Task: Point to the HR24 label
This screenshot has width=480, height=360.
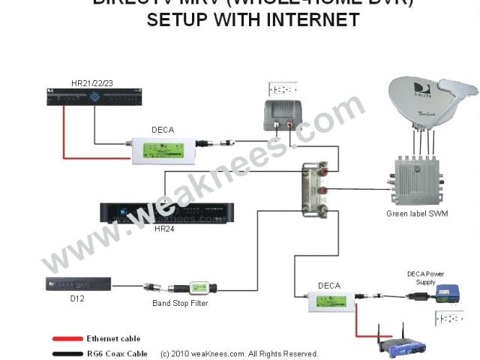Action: tap(163, 228)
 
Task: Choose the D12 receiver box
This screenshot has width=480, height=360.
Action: tap(78, 284)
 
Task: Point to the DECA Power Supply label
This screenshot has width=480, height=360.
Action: tap(425, 277)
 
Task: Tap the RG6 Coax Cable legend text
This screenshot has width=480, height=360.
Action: tap(116, 353)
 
